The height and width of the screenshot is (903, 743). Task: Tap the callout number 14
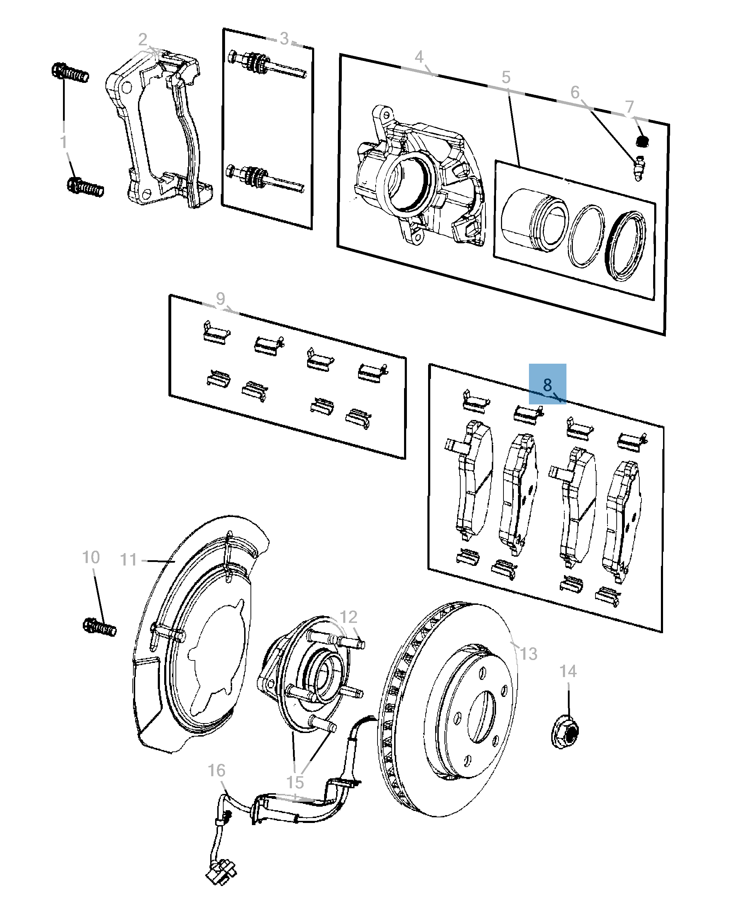point(568,671)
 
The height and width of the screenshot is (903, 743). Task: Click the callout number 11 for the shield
point(128,560)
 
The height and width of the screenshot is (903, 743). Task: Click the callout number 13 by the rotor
point(529,654)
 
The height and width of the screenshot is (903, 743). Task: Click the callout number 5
point(506,78)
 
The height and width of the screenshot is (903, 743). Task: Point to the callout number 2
point(143,40)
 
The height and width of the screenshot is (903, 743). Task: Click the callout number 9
point(220,298)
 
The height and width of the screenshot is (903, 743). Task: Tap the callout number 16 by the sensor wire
point(216,770)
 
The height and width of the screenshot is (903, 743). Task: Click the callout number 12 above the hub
point(349,617)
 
